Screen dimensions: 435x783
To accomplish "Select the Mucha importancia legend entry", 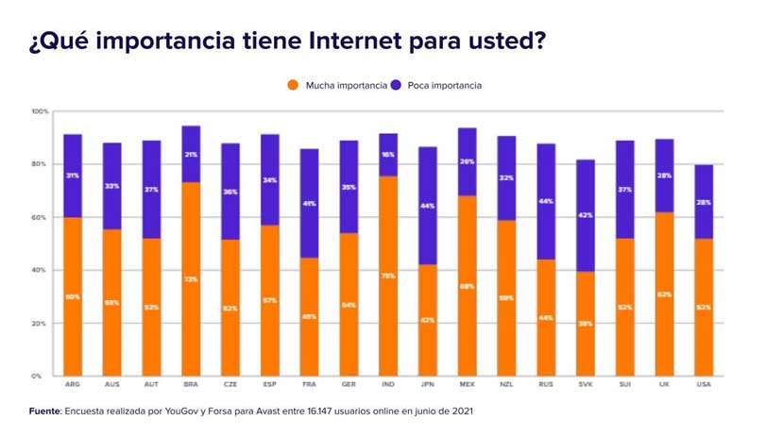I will coord(337,85).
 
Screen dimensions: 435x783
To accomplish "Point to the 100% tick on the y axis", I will coord(39,111).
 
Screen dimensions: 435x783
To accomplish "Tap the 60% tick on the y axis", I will coord(39,217).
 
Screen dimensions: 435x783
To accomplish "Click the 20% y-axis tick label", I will coord(39,323).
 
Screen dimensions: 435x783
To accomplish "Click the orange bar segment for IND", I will coord(387,276).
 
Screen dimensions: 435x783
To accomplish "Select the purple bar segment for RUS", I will coord(545,201).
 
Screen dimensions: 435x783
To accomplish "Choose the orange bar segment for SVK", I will coord(585,324).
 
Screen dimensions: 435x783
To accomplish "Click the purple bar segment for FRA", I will coord(309,203).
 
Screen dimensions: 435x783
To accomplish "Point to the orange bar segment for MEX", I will coord(467,285).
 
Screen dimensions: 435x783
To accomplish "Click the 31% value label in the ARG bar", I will coord(73,175).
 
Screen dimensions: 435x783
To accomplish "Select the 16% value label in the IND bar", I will coord(387,154).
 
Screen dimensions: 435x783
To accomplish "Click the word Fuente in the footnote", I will coord(44,411).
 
